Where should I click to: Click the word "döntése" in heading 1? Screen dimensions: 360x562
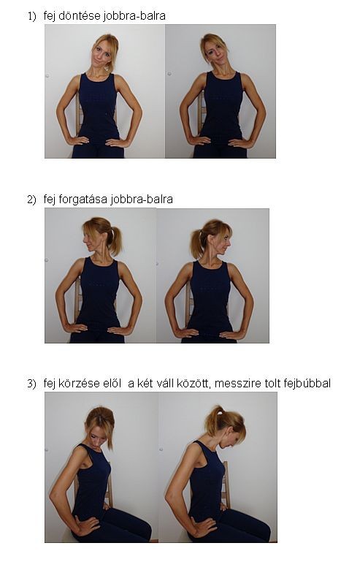[80, 16]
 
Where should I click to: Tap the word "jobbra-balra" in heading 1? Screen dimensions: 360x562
[134, 17]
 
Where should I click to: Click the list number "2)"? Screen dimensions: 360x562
[32, 200]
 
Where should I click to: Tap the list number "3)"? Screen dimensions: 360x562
[32, 384]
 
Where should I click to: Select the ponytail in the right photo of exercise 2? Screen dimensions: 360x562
[196, 244]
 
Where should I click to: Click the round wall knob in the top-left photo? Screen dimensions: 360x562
[47, 76]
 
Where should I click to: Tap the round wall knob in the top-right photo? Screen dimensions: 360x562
[169, 74]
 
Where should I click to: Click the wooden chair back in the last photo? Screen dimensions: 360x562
[225, 484]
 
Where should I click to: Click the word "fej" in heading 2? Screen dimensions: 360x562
[50, 200]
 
